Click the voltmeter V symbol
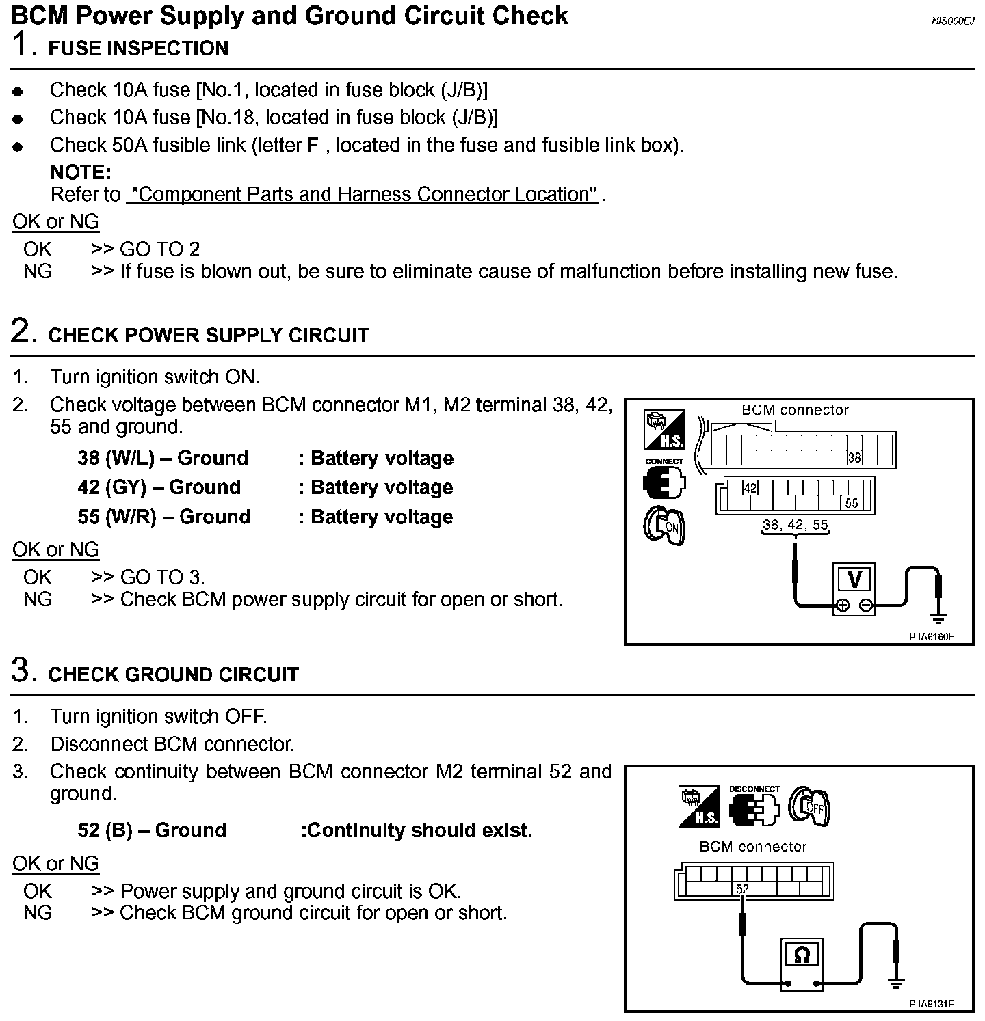pyautogui.click(x=854, y=580)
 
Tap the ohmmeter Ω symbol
pyautogui.click(x=802, y=955)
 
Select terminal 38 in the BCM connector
pyautogui.click(x=854, y=458)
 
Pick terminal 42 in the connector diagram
pyautogui.click(x=750, y=488)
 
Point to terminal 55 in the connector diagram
pyautogui.click(x=851, y=504)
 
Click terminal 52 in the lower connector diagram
pyautogui.click(x=743, y=889)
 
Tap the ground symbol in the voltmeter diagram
pyautogui.click(x=939, y=618)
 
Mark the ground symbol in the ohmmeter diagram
pyautogui.click(x=896, y=983)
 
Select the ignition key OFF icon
pyautogui.click(x=809, y=807)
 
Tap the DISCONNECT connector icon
pyautogui.click(x=754, y=806)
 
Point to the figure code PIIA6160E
pyautogui.click(x=931, y=637)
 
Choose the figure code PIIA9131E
pyautogui.click(x=931, y=1004)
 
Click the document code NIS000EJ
pyautogui.click(x=952, y=21)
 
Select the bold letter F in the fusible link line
pyautogui.click(x=313, y=146)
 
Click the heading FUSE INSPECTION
pyautogui.click(x=138, y=49)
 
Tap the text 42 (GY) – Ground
pyautogui.click(x=159, y=487)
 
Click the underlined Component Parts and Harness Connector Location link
pyautogui.click(x=363, y=195)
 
